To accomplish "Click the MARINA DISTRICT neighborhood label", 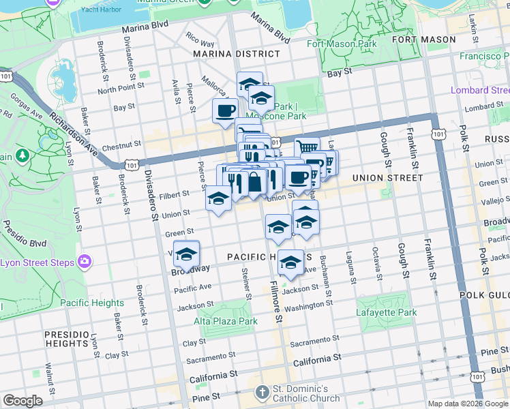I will coord(236,53).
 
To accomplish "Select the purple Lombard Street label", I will coord(480,90).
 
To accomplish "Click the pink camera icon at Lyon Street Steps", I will coord(85,261).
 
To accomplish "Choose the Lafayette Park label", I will coord(386,312).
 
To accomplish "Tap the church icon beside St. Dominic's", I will coord(262,392).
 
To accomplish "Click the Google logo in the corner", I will coord(22,401).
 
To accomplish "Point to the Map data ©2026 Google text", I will coord(468,404).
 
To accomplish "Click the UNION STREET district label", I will coord(388,178).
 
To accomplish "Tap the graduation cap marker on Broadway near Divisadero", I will coord(186,254).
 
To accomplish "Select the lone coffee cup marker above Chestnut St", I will coord(225,110).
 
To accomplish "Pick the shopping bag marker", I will coord(254,182).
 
